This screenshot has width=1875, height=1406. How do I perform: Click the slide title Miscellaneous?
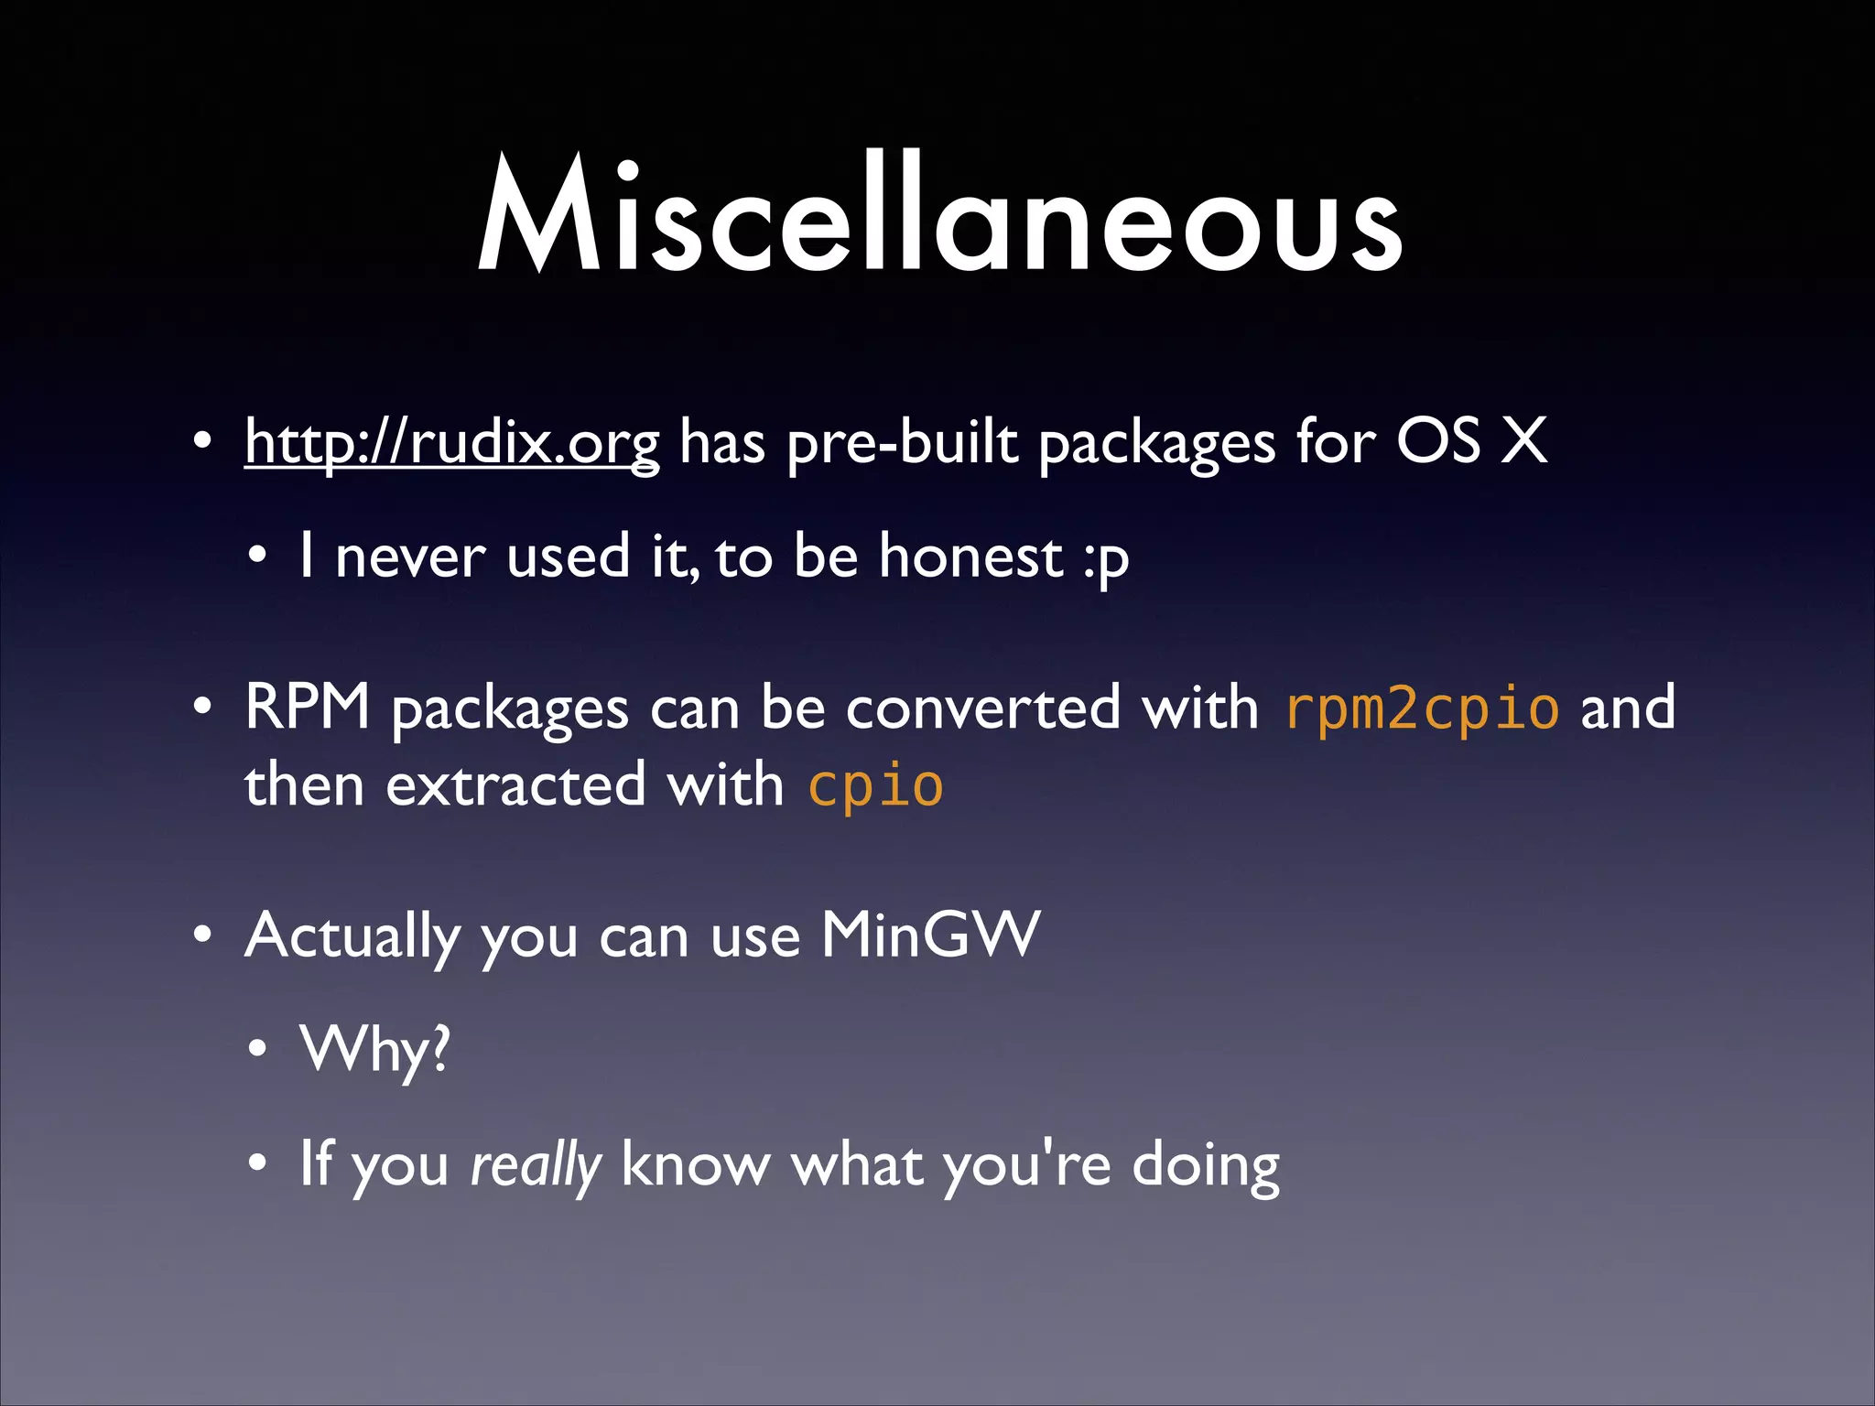click(x=938, y=215)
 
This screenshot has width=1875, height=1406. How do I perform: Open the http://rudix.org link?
click(x=451, y=443)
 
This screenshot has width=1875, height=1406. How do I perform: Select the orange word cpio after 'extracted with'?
click(x=875, y=786)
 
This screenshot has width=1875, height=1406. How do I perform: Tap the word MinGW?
click(x=930, y=936)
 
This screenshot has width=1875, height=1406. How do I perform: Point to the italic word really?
click(x=536, y=1166)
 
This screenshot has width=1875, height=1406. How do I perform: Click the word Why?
click(x=375, y=1050)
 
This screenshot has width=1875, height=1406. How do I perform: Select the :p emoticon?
click(x=1106, y=558)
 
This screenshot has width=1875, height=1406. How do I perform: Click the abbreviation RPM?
click(x=307, y=708)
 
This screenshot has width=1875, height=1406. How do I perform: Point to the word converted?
click(x=982, y=708)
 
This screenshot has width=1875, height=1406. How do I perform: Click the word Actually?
click(x=352, y=936)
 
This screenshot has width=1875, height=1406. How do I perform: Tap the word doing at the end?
click(x=1206, y=1166)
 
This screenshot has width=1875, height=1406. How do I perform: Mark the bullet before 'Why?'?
click(x=258, y=1050)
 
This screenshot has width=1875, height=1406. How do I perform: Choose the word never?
click(x=409, y=557)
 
